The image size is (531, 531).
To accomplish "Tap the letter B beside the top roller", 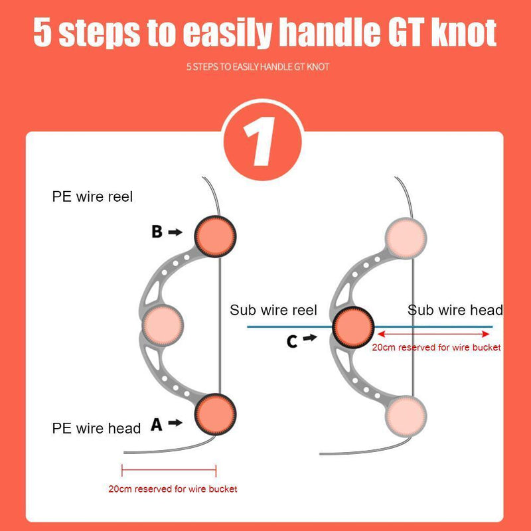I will pyautogui.click(x=157, y=232).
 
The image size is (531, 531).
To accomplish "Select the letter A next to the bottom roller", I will pyautogui.click(x=157, y=424).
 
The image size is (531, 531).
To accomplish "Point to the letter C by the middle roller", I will pyautogui.click(x=292, y=341).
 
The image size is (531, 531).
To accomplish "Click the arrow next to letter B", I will pyautogui.click(x=175, y=232).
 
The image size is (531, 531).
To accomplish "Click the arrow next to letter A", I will pyautogui.click(x=175, y=422).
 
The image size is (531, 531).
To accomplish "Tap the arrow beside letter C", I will pyautogui.click(x=310, y=338).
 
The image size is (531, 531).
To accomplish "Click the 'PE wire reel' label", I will pyautogui.click(x=93, y=197).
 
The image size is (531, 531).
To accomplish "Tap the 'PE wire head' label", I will pyautogui.click(x=96, y=428).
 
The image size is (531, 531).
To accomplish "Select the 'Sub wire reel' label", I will pyautogui.click(x=273, y=310).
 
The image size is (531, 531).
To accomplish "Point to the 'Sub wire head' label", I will pyautogui.click(x=455, y=310).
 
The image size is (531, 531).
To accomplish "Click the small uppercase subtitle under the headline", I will pyautogui.click(x=258, y=67).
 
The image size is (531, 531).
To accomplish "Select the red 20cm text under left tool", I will pyautogui.click(x=173, y=489).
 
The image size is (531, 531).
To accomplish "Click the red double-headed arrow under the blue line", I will pyautogui.click(x=434, y=335).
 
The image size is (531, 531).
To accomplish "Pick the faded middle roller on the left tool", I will pyautogui.click(x=163, y=325).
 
